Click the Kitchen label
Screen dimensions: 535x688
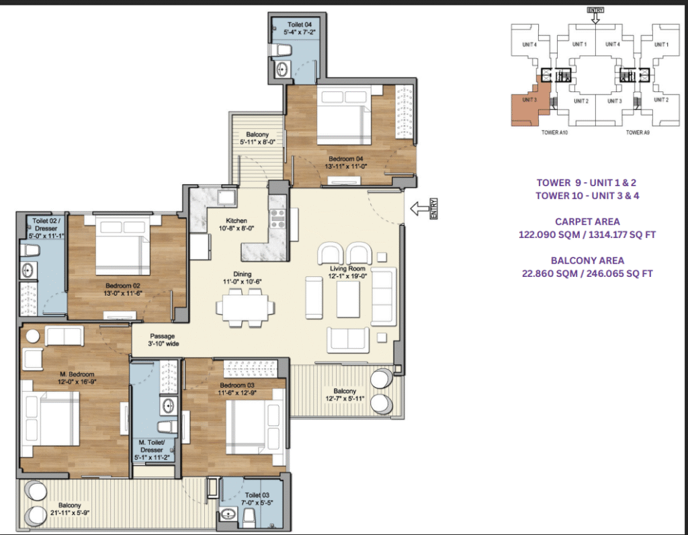pos(236,220)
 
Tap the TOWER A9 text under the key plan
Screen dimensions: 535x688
pos(637,133)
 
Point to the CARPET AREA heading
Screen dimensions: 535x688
pos(587,221)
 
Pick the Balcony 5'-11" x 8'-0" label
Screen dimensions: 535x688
pos(257,138)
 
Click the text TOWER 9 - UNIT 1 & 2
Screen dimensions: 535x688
pos(587,182)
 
